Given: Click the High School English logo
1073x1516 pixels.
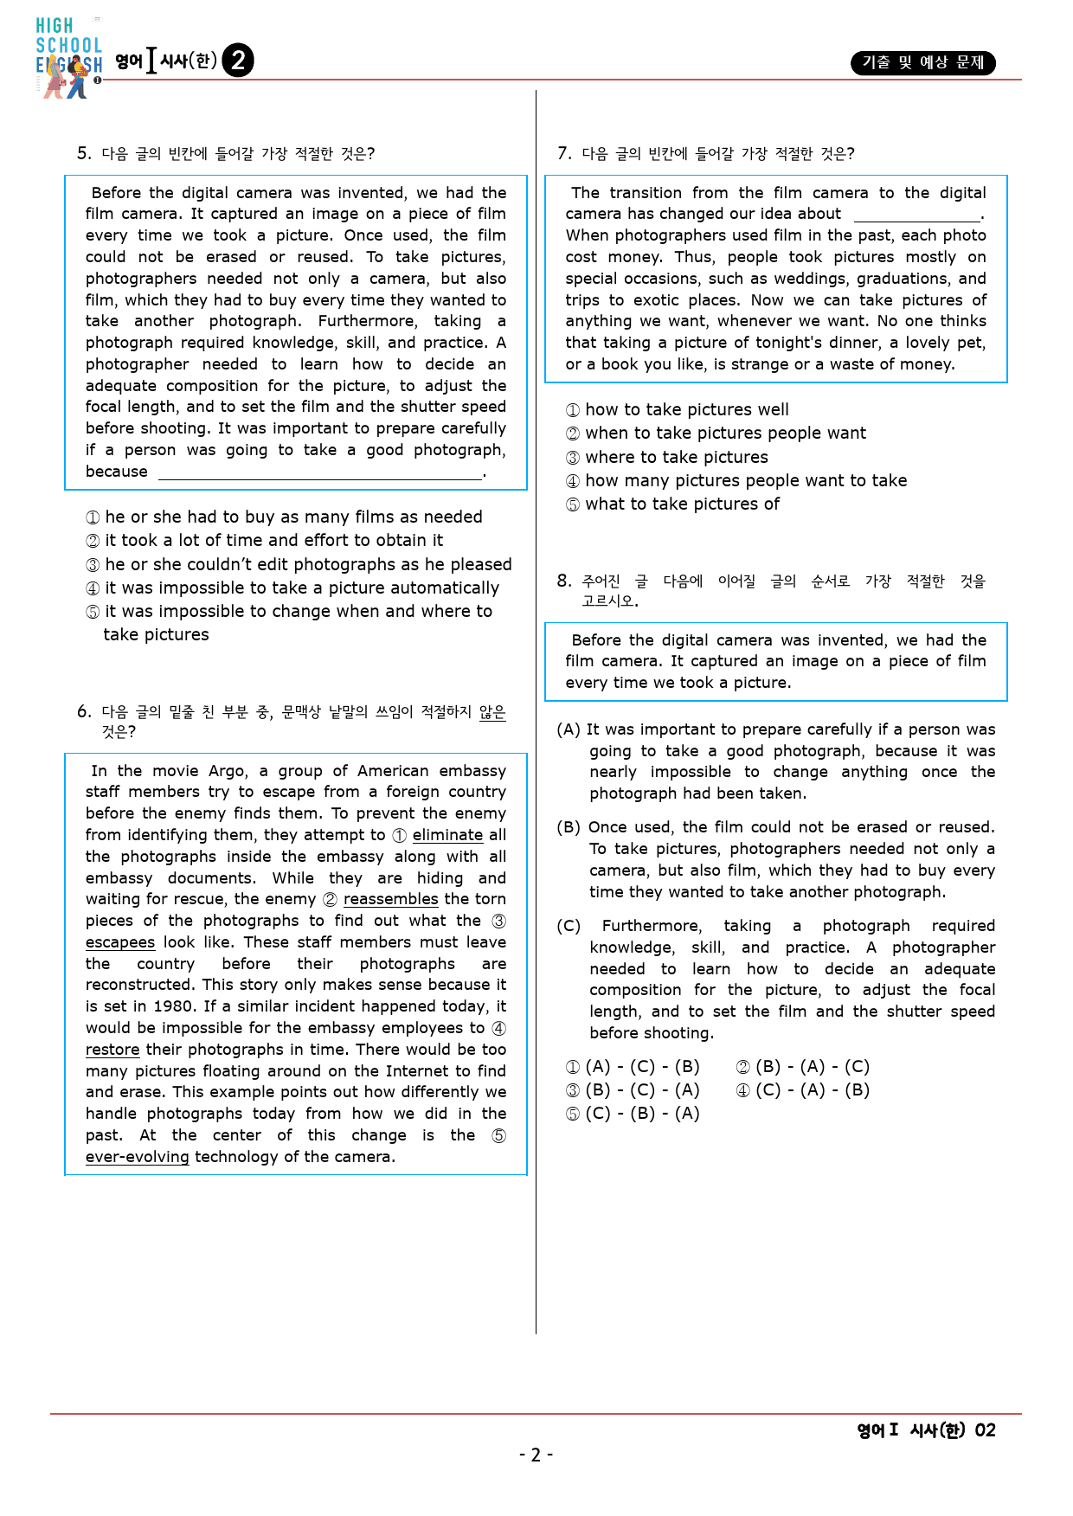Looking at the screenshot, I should click(x=68, y=57).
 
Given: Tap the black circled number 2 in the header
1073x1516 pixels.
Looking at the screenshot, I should click(x=238, y=61).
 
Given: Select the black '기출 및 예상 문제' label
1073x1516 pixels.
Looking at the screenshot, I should click(x=922, y=62).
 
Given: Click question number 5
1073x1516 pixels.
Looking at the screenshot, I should click(x=84, y=154).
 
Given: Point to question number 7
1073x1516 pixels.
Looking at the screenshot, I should click(x=564, y=154).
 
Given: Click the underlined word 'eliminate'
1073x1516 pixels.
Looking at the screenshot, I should click(x=447, y=835).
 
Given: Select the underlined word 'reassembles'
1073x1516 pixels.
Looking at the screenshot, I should click(x=390, y=899).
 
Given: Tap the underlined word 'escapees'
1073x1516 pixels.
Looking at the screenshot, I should click(x=120, y=942).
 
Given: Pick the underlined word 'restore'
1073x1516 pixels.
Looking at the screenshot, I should click(x=112, y=1050).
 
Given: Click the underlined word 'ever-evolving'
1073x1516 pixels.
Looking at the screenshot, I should click(x=137, y=1157).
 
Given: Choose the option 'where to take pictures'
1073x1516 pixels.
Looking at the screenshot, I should click(x=676, y=457).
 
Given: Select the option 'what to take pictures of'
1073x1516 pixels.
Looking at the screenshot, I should click(x=682, y=504).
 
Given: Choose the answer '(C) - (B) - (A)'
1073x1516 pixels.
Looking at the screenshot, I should click(x=641, y=1114).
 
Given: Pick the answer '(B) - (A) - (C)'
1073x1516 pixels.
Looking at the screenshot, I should click(x=812, y=1067).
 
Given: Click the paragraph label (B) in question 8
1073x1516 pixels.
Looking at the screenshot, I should click(x=569, y=827).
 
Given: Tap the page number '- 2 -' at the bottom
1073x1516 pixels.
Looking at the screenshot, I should click(x=536, y=1455).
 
